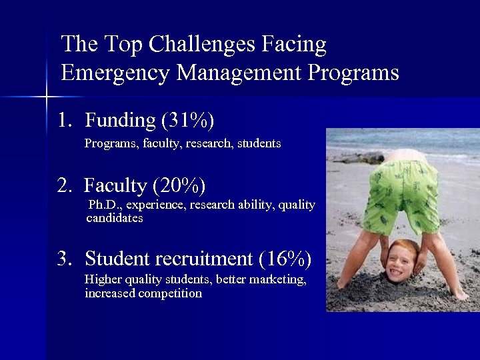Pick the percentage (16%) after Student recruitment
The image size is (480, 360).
[x=284, y=258]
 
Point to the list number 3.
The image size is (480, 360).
[x=63, y=258]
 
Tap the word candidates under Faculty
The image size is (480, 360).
[x=115, y=218]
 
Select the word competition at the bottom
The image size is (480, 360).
[x=170, y=293]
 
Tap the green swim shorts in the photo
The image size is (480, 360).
[x=400, y=193]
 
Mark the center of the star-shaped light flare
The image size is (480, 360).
[x=47, y=97]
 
